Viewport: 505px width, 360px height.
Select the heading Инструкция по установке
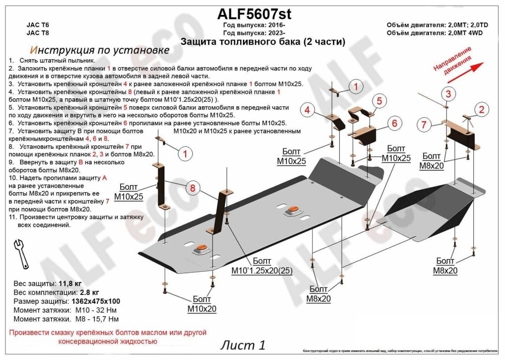[x=99, y=50]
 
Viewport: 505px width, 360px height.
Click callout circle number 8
[x=193, y=188]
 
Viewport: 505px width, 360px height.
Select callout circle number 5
[x=378, y=101]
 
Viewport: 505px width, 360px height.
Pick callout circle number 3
[x=448, y=94]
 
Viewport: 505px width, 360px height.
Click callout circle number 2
[x=481, y=110]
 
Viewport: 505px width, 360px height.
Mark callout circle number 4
[x=307, y=110]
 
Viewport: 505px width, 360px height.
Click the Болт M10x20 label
[x=202, y=304]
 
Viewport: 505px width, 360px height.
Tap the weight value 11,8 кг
[x=70, y=284]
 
